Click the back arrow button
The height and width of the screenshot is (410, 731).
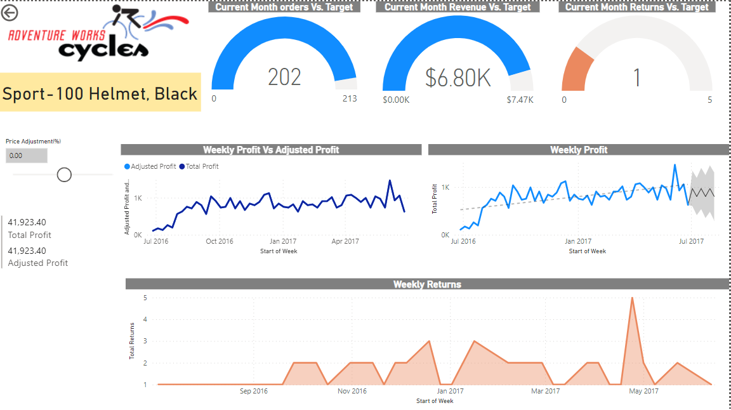click(x=10, y=12)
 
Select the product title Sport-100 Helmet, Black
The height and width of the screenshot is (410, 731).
click(x=100, y=93)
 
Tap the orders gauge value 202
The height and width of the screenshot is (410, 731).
click(x=284, y=77)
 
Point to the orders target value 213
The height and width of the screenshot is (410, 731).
click(x=349, y=98)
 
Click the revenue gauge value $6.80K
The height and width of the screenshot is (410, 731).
click(x=458, y=77)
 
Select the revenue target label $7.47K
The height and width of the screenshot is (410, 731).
click(x=520, y=100)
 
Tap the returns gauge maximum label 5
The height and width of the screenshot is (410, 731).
click(x=709, y=100)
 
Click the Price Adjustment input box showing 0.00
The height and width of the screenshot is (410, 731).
click(x=26, y=155)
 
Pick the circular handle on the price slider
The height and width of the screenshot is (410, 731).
click(x=64, y=175)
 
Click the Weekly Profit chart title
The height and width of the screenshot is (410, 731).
click(x=578, y=150)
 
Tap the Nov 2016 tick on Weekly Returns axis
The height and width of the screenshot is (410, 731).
click(x=352, y=391)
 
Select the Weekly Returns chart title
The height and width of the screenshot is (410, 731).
click(x=426, y=284)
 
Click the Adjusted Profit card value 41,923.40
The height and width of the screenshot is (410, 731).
click(x=27, y=251)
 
